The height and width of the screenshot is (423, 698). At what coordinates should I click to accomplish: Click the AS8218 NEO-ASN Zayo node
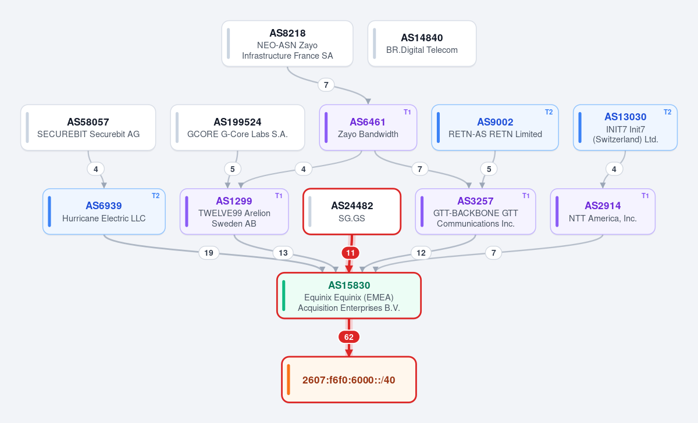point(287,44)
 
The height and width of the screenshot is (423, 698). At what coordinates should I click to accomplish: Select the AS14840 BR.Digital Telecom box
point(422,44)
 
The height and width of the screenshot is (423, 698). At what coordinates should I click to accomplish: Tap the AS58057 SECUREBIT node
point(88,128)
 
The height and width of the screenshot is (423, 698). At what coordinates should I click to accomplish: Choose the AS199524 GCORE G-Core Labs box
point(237,128)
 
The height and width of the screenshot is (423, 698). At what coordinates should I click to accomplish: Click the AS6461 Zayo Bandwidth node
point(368,128)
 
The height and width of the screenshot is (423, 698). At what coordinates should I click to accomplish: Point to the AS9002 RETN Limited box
point(495,128)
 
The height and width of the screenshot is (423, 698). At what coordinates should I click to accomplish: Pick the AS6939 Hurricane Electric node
point(104,212)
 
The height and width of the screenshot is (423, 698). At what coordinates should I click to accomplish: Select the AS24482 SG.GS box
point(352,212)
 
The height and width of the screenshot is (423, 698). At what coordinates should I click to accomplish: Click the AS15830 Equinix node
point(349,296)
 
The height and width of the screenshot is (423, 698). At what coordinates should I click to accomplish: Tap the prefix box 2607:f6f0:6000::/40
point(349,380)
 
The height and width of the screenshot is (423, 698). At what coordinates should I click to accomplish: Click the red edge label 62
point(349,337)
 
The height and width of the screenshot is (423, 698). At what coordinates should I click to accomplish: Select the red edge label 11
point(351,253)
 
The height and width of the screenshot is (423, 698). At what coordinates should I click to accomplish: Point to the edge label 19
point(209,253)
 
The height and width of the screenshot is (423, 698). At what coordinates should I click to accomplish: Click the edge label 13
point(283,253)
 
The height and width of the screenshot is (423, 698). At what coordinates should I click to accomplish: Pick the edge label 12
point(421,253)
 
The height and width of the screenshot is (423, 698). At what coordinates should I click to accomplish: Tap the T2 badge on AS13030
point(668,112)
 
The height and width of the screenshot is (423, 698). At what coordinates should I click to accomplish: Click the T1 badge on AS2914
point(645,196)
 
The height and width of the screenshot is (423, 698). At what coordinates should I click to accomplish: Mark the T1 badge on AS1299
point(279,196)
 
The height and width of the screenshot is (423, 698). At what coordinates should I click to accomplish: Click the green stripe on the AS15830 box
point(284,296)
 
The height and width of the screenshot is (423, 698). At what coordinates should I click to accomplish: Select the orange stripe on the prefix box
point(289,380)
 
